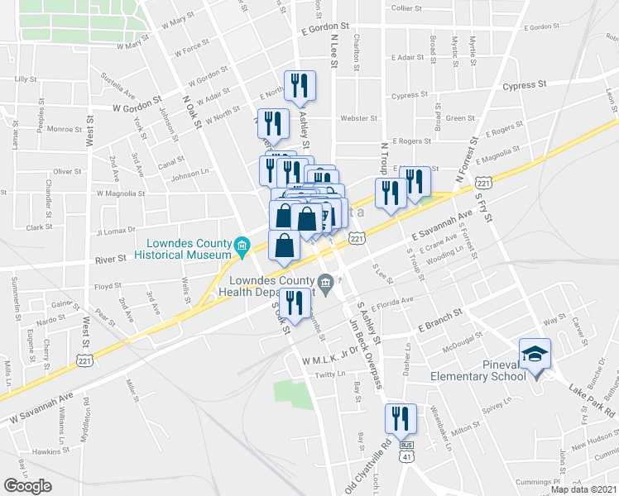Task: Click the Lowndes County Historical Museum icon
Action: (242, 245)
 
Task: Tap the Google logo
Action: (27, 486)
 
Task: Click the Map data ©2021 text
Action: (583, 489)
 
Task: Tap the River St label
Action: (110, 259)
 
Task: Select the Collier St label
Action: (407, 7)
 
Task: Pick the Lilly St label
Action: (27, 79)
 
